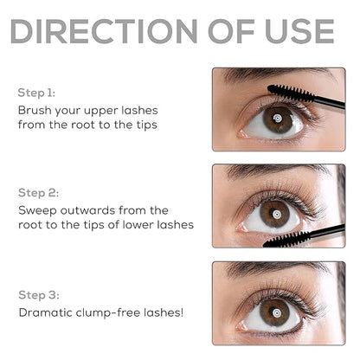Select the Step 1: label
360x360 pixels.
[35, 91]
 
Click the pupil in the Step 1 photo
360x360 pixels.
[276, 117]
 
